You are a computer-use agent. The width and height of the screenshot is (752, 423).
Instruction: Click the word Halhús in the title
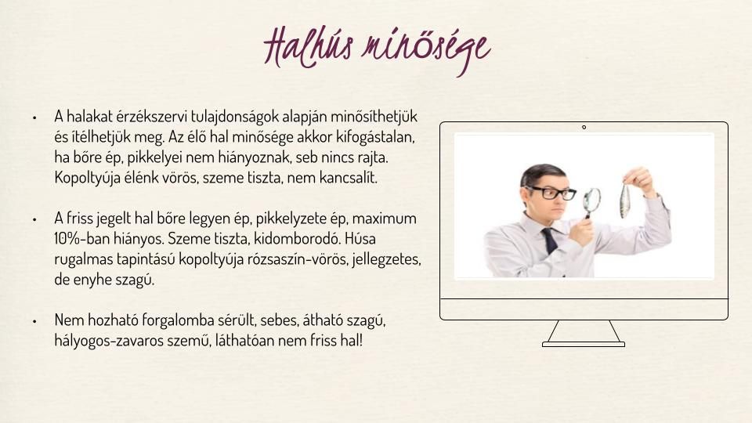tap(309, 47)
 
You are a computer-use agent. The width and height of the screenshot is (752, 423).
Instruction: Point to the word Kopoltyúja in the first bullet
tap(87, 179)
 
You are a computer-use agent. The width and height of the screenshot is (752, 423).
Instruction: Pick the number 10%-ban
tap(82, 239)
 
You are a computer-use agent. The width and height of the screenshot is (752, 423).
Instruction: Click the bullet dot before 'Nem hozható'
tap(34, 321)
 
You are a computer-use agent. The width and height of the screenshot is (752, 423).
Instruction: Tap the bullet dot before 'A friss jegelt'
tap(34, 219)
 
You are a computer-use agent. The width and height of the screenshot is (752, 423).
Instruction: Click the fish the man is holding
tap(624, 201)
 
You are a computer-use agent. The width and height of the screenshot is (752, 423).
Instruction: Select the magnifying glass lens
tap(592, 200)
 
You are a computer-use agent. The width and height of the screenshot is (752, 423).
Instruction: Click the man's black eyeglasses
tap(551, 193)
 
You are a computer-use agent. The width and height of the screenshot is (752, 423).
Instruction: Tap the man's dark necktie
tap(550, 240)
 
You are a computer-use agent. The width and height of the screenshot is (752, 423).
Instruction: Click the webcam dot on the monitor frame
tap(584, 127)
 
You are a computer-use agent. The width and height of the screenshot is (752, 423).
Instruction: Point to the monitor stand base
tap(583, 345)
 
